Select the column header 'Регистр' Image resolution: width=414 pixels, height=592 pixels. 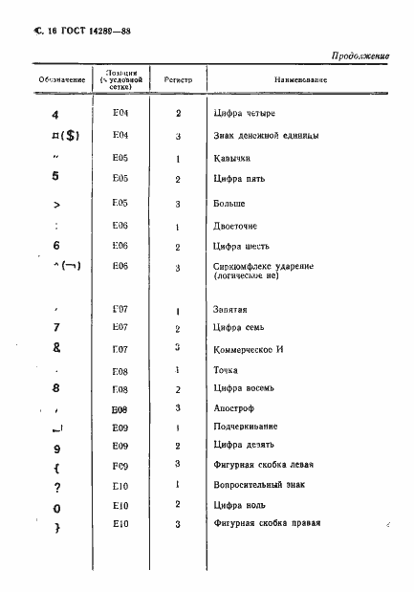[178, 78]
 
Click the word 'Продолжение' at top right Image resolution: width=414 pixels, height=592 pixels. [361, 56]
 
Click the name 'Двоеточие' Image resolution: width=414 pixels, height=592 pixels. [238, 226]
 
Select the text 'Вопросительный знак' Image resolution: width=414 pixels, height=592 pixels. [260, 486]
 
